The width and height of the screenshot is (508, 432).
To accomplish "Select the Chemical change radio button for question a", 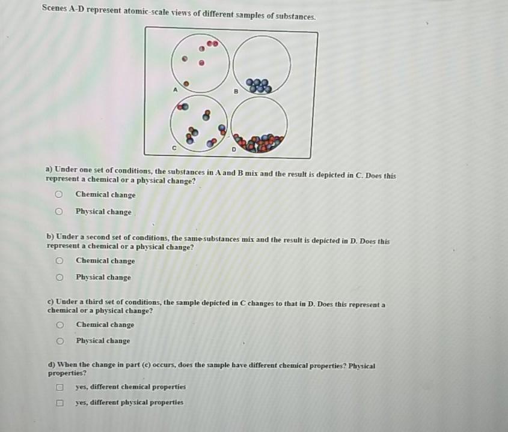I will (x=58, y=194).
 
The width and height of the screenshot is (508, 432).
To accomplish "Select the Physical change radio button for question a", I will (x=58, y=212).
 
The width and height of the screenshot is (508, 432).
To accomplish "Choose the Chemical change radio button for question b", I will (x=59, y=261).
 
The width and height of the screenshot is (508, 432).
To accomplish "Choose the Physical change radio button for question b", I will (x=59, y=277).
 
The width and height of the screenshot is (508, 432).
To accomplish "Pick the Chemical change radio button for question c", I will (x=59, y=325).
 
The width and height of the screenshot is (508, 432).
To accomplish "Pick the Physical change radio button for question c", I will (x=59, y=341).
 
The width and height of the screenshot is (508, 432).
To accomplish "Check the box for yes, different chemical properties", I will (x=60, y=387).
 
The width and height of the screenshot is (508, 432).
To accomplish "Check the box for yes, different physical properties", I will (x=60, y=403).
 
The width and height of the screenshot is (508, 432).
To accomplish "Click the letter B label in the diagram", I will (x=236, y=92).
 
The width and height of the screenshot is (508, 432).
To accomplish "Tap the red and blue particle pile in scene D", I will (x=260, y=143).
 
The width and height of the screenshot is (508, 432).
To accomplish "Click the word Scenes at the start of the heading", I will (x=56, y=10).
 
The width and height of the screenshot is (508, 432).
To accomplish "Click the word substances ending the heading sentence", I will (x=295, y=16).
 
